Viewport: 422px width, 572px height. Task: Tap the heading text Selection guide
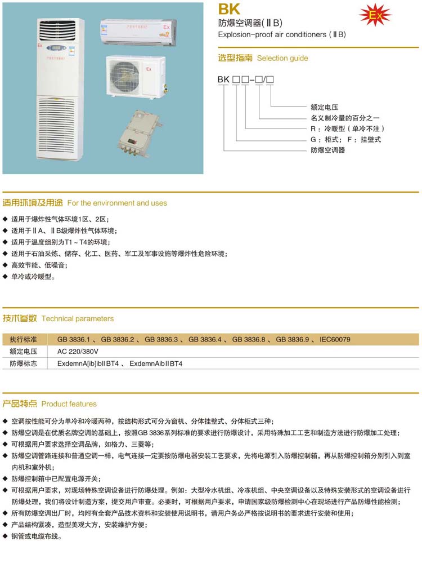click(282, 58)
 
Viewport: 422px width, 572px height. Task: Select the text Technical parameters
click(78, 318)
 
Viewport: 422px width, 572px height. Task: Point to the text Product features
click(69, 403)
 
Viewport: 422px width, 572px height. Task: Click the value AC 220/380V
click(78, 351)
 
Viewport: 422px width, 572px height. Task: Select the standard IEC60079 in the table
click(335, 339)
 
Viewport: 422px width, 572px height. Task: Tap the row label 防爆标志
click(23, 363)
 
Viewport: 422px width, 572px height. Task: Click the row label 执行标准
click(23, 339)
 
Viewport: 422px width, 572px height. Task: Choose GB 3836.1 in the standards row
click(73, 339)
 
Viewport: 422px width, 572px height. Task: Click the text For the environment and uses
click(117, 203)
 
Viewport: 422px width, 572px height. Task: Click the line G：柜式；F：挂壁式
click(345, 139)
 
